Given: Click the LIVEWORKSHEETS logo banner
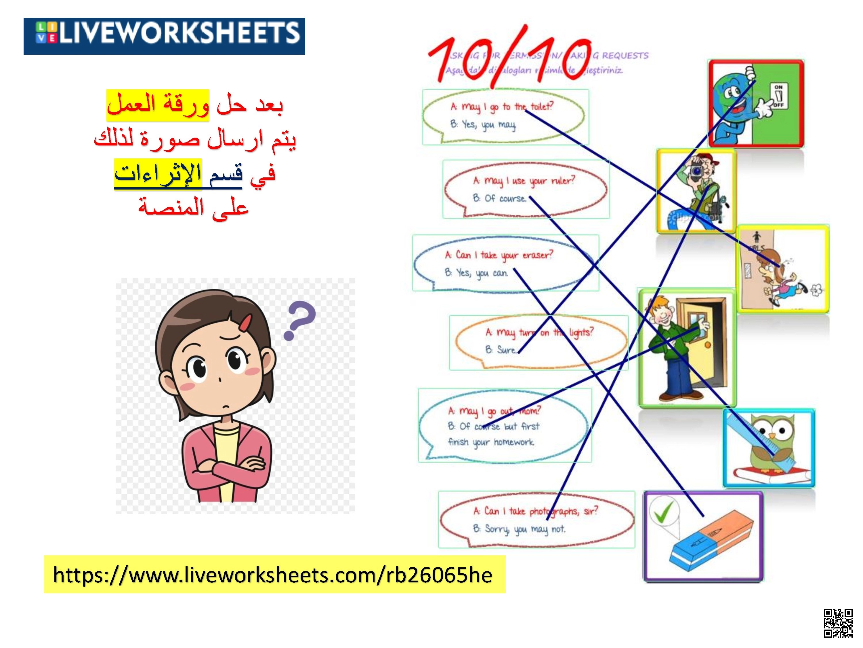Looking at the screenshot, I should coord(164,36).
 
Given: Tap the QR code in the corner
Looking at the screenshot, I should coord(838,623).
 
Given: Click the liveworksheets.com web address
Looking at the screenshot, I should coord(273,575).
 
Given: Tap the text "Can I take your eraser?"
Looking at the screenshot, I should coord(499,255).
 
